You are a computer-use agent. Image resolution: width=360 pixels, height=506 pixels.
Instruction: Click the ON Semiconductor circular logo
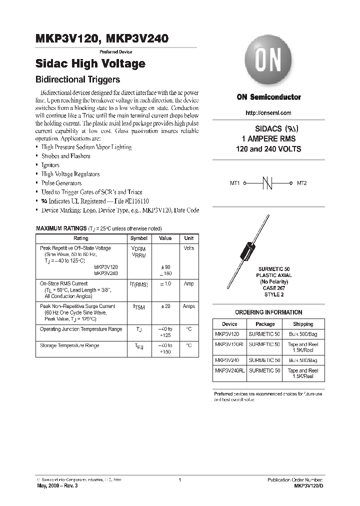(269, 67)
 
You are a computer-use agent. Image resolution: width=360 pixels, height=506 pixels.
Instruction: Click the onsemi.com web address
(268, 113)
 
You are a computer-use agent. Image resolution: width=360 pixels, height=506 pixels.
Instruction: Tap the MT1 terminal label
(235, 183)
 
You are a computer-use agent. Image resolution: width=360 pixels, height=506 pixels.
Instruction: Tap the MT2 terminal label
(301, 183)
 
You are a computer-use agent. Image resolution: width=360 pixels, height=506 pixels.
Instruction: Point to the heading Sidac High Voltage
(90, 64)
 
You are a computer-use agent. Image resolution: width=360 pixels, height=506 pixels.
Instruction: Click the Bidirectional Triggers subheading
(78, 79)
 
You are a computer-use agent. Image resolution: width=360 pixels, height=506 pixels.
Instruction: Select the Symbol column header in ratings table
(139, 238)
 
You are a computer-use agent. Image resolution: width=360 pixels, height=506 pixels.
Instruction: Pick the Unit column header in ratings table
(188, 238)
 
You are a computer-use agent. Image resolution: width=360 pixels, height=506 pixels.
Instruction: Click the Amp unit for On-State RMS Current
(188, 283)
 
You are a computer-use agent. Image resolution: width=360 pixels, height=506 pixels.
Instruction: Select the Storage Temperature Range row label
(69, 345)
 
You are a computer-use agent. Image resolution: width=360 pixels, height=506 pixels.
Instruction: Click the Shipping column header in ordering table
(303, 324)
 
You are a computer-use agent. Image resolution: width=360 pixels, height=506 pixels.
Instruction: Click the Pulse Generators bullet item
(61, 183)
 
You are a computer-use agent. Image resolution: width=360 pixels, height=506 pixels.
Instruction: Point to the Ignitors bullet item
(50, 165)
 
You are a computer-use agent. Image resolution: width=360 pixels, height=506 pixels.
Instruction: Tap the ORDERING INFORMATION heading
(268, 312)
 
